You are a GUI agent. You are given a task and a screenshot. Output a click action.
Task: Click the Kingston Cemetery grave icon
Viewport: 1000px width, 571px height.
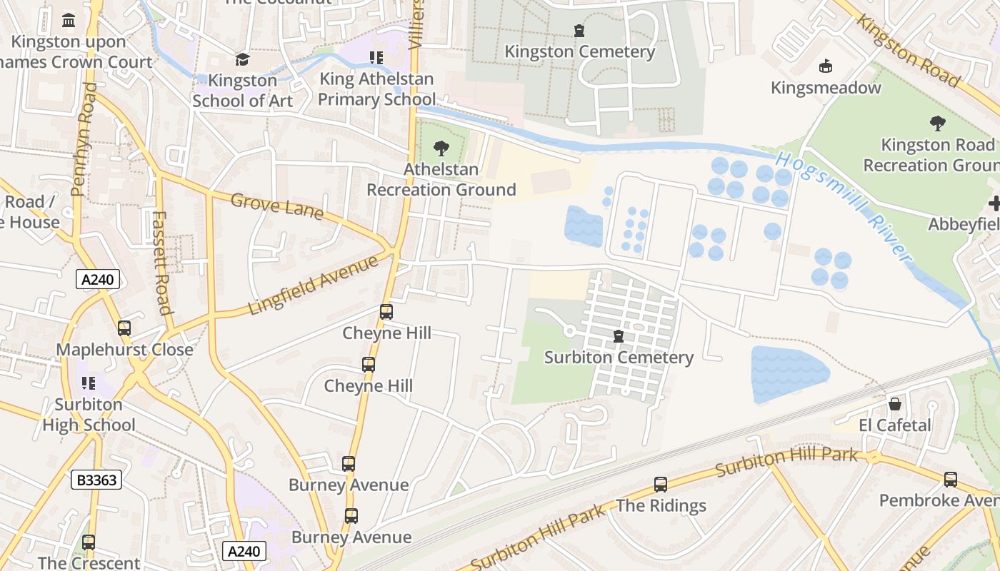click(x=579, y=31)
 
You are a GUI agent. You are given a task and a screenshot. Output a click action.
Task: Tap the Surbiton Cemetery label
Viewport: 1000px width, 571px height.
click(x=619, y=358)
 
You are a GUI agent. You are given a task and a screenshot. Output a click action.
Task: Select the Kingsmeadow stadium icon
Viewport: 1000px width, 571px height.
click(x=826, y=66)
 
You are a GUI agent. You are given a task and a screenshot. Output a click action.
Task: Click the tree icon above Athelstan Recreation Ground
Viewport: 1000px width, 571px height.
click(x=441, y=148)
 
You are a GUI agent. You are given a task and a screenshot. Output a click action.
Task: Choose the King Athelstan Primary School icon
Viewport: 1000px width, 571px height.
click(x=376, y=58)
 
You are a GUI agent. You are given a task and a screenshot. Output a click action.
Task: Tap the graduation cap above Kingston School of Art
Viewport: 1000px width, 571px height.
click(x=242, y=59)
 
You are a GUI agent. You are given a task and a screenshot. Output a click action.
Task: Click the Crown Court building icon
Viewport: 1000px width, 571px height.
click(x=69, y=21)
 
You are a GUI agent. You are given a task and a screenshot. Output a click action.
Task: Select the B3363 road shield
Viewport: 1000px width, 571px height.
click(x=96, y=480)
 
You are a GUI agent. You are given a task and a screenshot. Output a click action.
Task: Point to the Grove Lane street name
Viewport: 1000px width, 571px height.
click(x=276, y=206)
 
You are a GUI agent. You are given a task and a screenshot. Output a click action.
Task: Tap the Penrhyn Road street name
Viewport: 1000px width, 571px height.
click(x=84, y=139)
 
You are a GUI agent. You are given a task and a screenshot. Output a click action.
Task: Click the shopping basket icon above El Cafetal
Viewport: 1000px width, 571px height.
click(x=894, y=405)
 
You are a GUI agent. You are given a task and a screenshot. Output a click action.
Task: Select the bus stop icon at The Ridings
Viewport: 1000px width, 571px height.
click(x=661, y=485)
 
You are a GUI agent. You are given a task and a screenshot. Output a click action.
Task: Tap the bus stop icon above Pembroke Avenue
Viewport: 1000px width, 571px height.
click(x=950, y=480)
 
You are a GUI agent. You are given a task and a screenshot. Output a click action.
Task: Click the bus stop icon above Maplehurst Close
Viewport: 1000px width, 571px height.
click(x=124, y=328)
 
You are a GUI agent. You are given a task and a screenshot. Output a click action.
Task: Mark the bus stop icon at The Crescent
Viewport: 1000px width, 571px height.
click(x=89, y=542)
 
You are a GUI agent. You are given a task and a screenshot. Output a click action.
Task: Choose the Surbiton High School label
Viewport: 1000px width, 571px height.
click(x=89, y=415)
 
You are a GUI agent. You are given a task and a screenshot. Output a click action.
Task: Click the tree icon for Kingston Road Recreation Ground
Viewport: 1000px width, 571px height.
click(x=937, y=123)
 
